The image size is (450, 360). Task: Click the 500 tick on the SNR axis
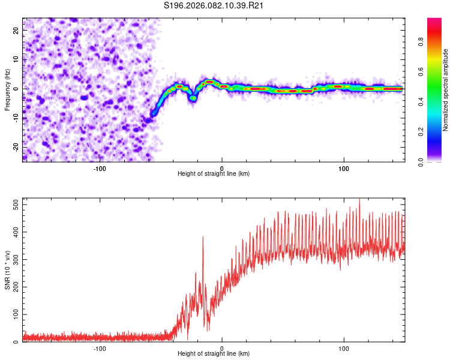click(x=13, y=205)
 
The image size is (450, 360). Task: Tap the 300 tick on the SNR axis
click(x=13, y=259)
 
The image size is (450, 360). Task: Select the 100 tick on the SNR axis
click(x=13, y=314)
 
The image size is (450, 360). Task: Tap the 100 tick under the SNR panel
click(x=344, y=349)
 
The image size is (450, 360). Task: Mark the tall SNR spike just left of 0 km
click(x=203, y=238)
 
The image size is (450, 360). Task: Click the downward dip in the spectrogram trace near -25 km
click(x=193, y=98)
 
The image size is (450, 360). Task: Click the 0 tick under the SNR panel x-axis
click(x=222, y=349)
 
